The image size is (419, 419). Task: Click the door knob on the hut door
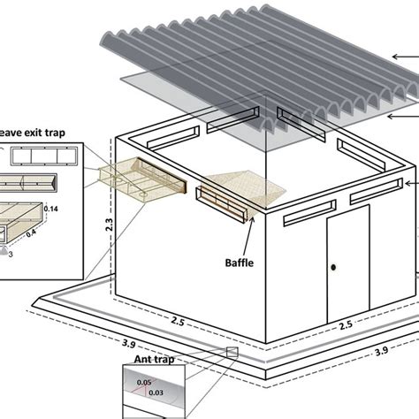point(334,268)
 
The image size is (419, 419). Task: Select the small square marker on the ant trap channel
point(232,352)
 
